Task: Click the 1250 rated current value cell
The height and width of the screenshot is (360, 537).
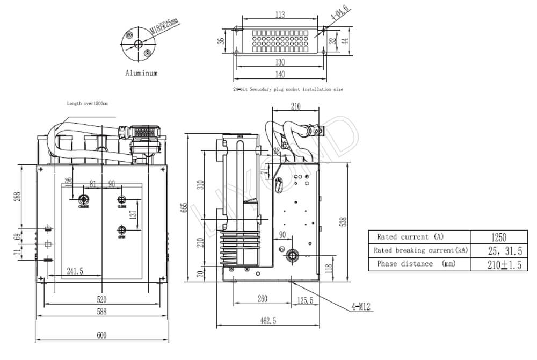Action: click(x=498, y=237)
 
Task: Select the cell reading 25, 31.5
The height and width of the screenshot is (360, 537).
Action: click(x=498, y=250)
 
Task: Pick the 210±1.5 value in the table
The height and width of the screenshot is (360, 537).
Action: click(x=498, y=264)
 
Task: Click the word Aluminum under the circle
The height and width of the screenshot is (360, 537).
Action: click(x=141, y=73)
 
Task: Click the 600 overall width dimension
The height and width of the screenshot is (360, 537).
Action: click(x=101, y=336)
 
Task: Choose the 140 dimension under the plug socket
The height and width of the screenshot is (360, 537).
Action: click(x=279, y=74)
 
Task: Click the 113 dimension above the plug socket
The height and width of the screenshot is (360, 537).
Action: click(x=279, y=15)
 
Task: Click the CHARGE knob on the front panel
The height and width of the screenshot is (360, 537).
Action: click(x=83, y=199)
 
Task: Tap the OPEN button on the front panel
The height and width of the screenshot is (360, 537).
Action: click(x=121, y=231)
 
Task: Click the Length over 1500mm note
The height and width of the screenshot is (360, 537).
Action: click(x=87, y=103)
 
